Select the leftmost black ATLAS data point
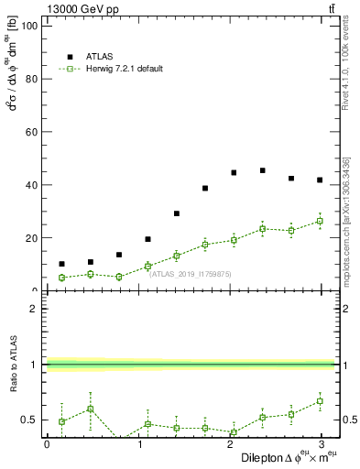61,264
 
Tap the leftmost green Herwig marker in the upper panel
61,278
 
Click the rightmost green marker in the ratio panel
320,401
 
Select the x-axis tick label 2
229,444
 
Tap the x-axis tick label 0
47,444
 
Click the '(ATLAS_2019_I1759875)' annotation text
191,273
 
